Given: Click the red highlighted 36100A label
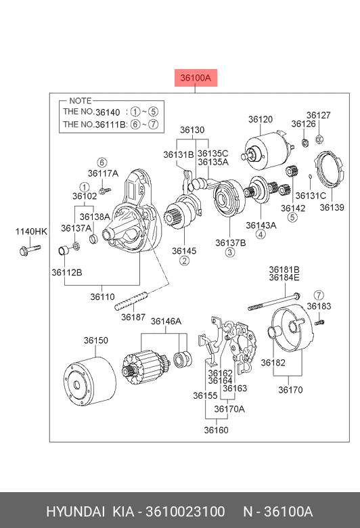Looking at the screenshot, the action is [x=196, y=78].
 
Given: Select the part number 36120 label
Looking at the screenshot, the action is [x=261, y=119].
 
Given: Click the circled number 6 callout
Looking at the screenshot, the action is [x=102, y=162].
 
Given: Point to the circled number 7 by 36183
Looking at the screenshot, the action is [x=319, y=295].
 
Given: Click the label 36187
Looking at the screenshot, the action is [x=133, y=317].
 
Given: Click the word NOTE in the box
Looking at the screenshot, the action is [x=80, y=101].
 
